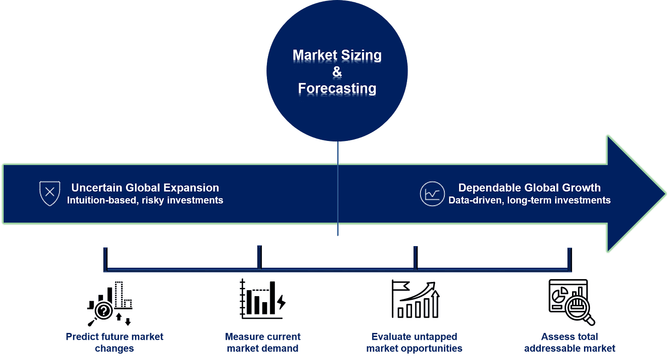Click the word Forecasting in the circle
point(337,88)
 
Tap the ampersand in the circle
point(337,72)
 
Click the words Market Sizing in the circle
point(337,56)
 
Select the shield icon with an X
point(50,193)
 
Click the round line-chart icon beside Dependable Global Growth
point(432,194)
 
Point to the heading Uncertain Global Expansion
point(145,188)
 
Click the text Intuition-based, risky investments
point(145,200)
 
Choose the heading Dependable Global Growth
point(529,188)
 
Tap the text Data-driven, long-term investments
point(529,200)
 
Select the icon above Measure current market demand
point(262,300)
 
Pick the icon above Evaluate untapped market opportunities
point(415,300)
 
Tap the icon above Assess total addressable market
point(570,301)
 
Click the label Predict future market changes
point(114,343)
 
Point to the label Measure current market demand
point(263,343)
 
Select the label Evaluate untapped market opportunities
point(414,343)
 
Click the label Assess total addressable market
point(570,343)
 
